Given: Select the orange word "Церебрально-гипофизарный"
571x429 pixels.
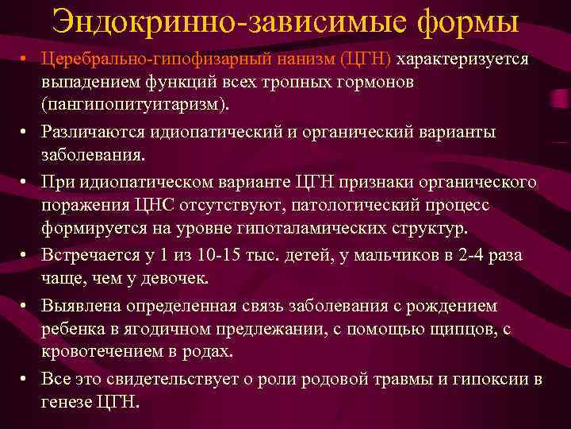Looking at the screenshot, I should click(149, 61).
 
